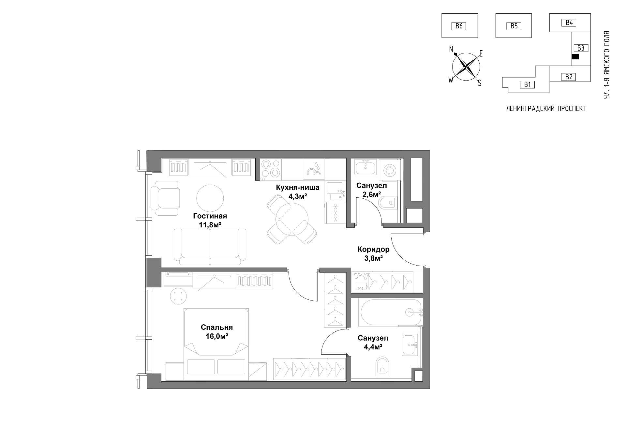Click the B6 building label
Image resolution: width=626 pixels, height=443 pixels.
click(x=459, y=26)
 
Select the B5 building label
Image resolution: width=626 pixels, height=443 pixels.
click(x=514, y=26)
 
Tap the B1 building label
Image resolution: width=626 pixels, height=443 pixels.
click(x=527, y=84)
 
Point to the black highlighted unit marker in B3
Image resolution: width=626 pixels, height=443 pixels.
click(x=575, y=56)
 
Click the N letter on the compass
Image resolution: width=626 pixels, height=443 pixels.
click(x=451, y=49)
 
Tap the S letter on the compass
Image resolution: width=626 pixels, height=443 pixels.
click(x=479, y=83)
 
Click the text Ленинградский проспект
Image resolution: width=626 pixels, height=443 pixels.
click(x=546, y=109)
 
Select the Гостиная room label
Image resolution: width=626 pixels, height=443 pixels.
click(x=210, y=216)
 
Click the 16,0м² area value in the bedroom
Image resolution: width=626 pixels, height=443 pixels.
click(x=216, y=336)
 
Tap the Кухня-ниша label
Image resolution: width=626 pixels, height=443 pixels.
click(x=298, y=188)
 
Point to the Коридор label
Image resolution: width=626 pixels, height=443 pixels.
click(x=373, y=250)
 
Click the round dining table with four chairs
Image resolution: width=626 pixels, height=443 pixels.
click(x=292, y=219)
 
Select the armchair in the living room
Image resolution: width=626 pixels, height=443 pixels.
click(x=166, y=198)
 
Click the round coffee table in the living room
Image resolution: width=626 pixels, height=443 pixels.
click(x=210, y=198)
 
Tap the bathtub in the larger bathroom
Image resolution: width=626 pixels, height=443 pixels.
click(x=391, y=313)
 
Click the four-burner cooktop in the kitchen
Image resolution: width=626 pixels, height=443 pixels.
click(x=271, y=169)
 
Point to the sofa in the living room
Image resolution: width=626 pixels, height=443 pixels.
click(x=210, y=247)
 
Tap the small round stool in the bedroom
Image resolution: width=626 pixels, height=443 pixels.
click(x=178, y=297)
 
